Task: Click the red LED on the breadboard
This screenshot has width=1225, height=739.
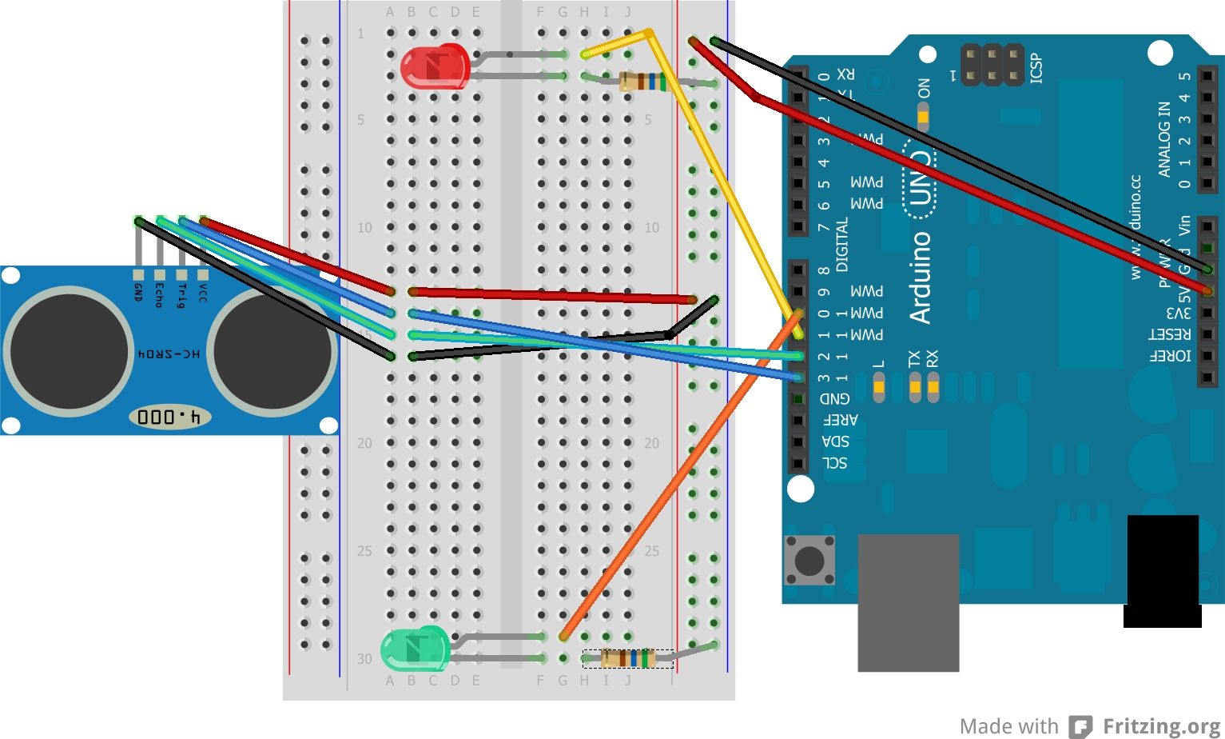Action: [x=434, y=66]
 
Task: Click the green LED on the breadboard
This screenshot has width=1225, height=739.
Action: [x=415, y=649]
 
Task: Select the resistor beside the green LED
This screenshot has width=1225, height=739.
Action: [x=628, y=658]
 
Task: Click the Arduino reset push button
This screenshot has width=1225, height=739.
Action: [x=809, y=561]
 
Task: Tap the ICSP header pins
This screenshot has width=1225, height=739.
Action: [x=992, y=66]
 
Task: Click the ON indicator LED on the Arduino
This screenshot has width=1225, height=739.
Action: [x=923, y=118]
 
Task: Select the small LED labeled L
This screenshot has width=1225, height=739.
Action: [x=878, y=390]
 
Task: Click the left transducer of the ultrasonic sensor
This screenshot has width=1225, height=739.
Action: [x=69, y=351]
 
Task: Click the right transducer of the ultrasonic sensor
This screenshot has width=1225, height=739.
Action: [x=273, y=351]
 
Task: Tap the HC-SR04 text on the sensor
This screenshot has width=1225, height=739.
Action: [x=169, y=353]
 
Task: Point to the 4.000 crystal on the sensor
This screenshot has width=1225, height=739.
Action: [x=170, y=417]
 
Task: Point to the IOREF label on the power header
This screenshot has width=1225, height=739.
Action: [x=1169, y=356]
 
